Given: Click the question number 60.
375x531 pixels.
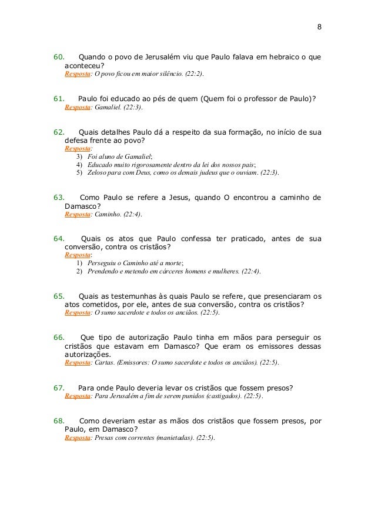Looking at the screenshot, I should pos(59,57).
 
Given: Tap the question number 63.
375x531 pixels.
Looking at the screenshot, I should pos(59,197).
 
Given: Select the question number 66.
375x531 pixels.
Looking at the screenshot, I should pos(59,338).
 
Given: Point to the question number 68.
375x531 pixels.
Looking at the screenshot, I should pos(59,421).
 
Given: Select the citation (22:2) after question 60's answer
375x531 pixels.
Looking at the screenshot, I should pos(193,75).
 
